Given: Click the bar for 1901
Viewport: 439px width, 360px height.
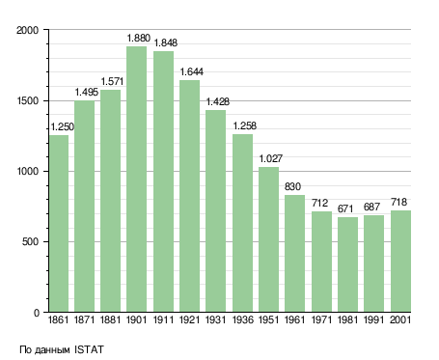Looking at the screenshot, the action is [x=136, y=180].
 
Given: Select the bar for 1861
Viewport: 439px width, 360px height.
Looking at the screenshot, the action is [x=59, y=224].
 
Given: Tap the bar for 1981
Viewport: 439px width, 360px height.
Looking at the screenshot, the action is [x=347, y=264].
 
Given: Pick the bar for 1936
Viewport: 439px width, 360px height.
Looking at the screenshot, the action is [x=242, y=223].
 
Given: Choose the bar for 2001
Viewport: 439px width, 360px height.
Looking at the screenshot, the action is [x=400, y=262].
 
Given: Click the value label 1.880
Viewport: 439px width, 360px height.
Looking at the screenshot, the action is [x=139, y=38].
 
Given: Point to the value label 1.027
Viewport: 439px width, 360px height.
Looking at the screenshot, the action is [x=271, y=158].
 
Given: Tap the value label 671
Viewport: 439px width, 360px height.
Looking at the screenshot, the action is [x=345, y=208].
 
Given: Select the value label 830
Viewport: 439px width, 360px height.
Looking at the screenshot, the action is [x=292, y=186].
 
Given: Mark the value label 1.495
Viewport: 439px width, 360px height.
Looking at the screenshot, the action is [x=87, y=93].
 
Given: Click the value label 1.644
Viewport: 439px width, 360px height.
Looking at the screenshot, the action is [x=191, y=71].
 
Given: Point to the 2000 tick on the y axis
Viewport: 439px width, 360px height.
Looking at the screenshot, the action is [x=27, y=30].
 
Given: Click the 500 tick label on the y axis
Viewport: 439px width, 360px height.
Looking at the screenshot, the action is [x=30, y=241].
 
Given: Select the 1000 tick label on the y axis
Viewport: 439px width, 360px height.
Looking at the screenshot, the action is [x=28, y=171].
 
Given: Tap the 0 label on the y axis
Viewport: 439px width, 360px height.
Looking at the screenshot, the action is [x=37, y=313].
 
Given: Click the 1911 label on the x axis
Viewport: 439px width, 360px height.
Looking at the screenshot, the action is [x=163, y=319].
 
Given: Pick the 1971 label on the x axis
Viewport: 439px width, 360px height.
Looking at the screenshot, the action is [x=321, y=319].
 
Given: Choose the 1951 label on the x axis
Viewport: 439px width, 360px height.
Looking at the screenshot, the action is [x=269, y=319].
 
